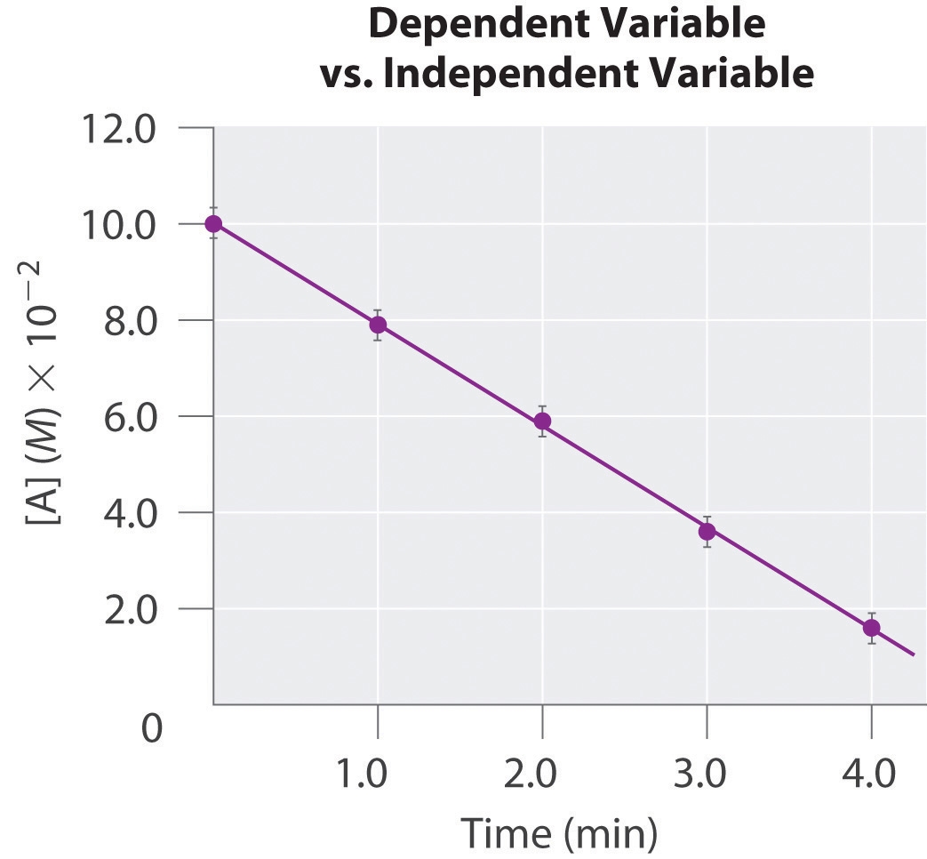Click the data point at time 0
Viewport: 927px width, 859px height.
[213, 223]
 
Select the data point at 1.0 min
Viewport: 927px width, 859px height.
[378, 325]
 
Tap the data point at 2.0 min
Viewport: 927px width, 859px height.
[542, 421]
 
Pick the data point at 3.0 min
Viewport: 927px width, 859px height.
[707, 532]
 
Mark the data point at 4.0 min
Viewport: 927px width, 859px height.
[871, 628]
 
